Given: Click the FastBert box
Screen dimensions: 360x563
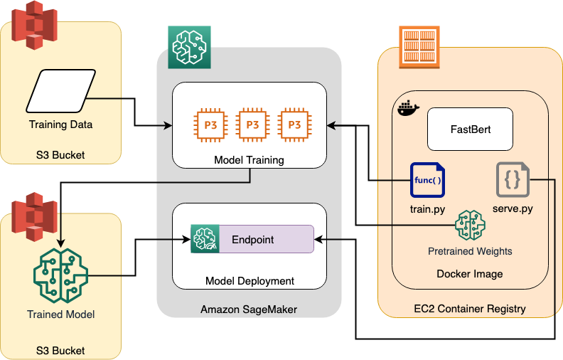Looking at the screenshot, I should pyautogui.click(x=470, y=129).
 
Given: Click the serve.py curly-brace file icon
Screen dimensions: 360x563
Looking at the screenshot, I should pyautogui.click(x=512, y=181).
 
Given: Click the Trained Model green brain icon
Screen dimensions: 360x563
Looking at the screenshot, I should pyautogui.click(x=60, y=274).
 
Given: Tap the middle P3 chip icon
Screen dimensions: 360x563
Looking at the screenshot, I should pyautogui.click(x=252, y=124).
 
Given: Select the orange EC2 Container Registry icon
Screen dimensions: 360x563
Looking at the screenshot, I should pyautogui.click(x=419, y=48).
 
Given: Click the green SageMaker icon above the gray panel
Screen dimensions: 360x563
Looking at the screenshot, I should pyautogui.click(x=189, y=48).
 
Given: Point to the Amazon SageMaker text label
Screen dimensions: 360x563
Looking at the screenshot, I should pyautogui.click(x=248, y=309).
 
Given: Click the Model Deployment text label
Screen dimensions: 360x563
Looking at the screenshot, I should pyautogui.click(x=250, y=281).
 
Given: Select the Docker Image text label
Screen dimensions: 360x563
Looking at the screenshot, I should pyautogui.click(x=469, y=274).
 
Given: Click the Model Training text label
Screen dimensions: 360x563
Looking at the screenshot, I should pyautogui.click(x=249, y=160).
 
